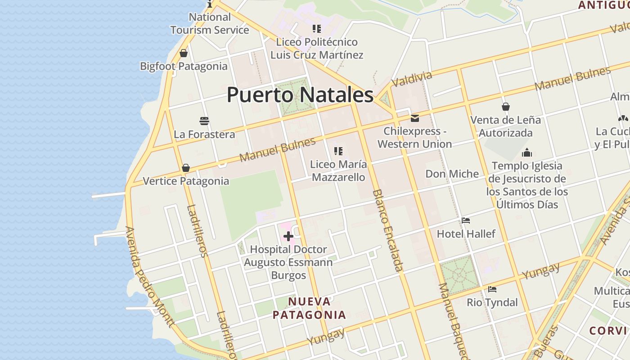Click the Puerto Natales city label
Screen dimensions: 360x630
300,95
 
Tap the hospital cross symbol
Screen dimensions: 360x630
288,236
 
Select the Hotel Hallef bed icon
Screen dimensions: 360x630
466,220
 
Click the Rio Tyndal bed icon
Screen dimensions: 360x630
492,289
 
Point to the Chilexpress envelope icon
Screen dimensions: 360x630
415,118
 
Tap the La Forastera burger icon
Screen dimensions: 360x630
204,121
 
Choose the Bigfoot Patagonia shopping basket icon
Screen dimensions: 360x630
184,53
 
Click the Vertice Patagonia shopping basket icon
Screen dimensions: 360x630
186,168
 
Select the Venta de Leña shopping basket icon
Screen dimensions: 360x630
506,107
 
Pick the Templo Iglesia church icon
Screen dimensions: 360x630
527,153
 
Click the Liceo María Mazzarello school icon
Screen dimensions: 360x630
338,151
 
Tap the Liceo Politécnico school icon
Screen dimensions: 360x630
317,29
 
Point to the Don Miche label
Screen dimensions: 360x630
452,174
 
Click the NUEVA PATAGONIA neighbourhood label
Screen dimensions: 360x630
310,308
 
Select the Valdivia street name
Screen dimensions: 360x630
412,79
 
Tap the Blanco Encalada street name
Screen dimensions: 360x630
387,230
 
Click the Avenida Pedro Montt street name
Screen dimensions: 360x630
149,276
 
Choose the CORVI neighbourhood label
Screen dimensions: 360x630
608,330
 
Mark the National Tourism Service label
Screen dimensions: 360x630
210,23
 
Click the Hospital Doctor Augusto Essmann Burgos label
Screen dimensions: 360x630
288,262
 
